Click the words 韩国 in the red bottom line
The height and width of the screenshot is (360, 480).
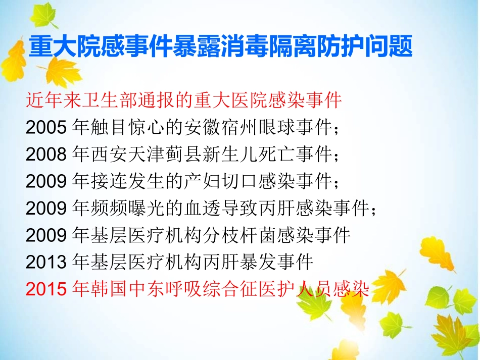(102, 289)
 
